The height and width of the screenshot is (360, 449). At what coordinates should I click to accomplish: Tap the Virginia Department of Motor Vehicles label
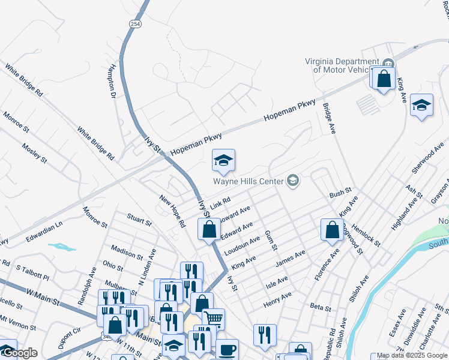(x=342, y=65)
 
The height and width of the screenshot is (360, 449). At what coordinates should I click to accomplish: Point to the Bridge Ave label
(x=328, y=118)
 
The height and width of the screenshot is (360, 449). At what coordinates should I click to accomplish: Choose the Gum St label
(x=271, y=239)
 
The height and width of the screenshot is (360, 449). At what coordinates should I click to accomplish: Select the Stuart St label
(x=139, y=219)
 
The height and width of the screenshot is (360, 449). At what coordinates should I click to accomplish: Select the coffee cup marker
(x=227, y=349)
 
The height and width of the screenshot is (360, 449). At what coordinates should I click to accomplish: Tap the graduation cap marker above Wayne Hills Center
(x=223, y=160)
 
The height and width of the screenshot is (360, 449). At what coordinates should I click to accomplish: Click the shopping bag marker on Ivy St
(x=209, y=229)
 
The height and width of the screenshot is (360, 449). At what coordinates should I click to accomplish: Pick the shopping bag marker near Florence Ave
(x=332, y=229)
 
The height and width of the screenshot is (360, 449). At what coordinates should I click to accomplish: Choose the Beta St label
(x=320, y=307)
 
